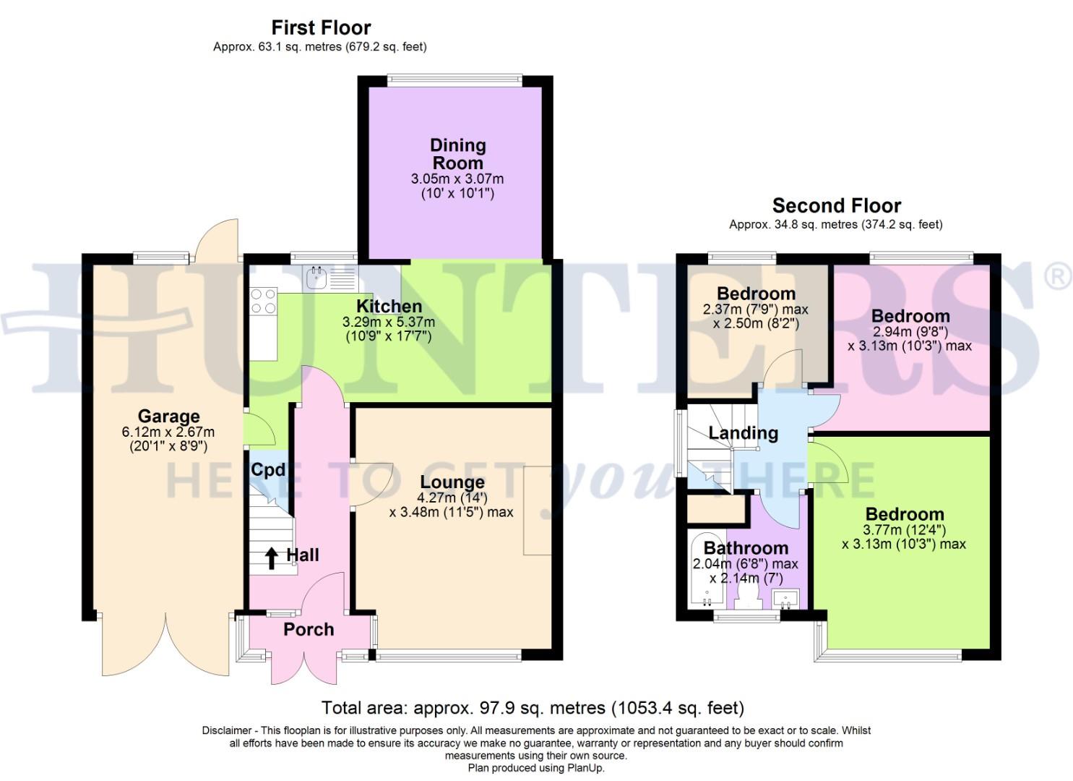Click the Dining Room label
458,154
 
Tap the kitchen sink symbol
316,277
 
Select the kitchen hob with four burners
263,301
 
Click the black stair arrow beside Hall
272,558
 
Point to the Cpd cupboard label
268,470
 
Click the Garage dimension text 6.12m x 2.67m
168,432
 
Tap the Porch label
309,630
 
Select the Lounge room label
452,482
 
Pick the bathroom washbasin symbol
785,598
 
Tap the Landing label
743,433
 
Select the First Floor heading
321,27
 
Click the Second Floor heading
836,205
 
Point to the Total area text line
533,707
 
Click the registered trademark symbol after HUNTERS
1059,278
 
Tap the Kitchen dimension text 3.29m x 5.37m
389,323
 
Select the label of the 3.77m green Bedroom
905,514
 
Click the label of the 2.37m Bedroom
756,294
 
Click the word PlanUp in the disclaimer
586,768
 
